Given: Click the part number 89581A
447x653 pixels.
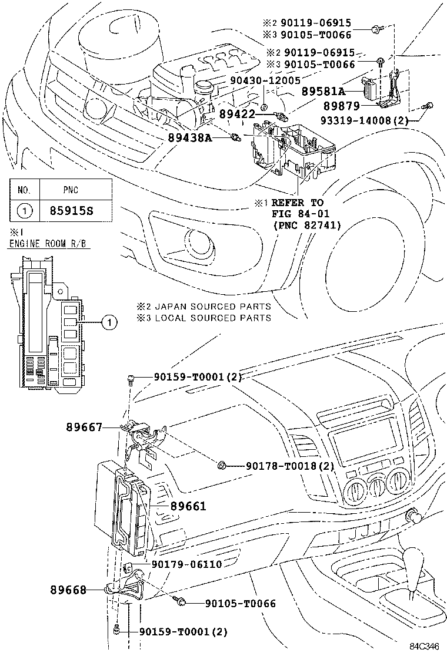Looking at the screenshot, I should click(x=323, y=92).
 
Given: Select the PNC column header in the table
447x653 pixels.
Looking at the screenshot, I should click(x=71, y=190).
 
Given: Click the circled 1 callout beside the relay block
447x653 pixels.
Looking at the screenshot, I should click(x=109, y=321).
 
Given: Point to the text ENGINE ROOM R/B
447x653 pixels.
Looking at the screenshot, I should click(x=49, y=244).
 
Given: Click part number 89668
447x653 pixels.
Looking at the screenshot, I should click(x=68, y=589).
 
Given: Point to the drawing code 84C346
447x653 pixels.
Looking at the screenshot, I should click(x=424, y=647).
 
